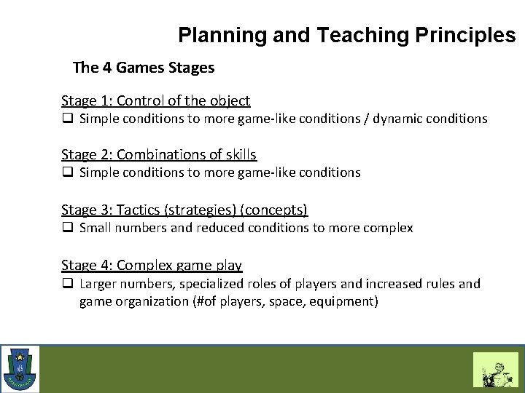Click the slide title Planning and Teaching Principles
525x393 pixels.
(346, 35)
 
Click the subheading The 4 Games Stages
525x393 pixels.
(144, 68)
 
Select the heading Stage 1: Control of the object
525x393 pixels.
(155, 100)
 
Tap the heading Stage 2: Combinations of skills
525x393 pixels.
(159, 154)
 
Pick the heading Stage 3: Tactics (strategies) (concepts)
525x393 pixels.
(184, 210)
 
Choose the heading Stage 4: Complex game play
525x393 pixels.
(152, 265)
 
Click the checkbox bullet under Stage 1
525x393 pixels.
(66, 119)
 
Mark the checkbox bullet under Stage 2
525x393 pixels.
(66, 172)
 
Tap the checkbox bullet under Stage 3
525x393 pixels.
(66, 228)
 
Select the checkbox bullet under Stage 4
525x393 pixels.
(66, 283)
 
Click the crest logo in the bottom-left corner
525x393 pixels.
(20, 369)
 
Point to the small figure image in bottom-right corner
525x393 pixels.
(495, 370)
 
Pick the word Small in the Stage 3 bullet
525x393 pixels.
(95, 228)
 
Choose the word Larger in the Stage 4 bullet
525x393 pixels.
(98, 283)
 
